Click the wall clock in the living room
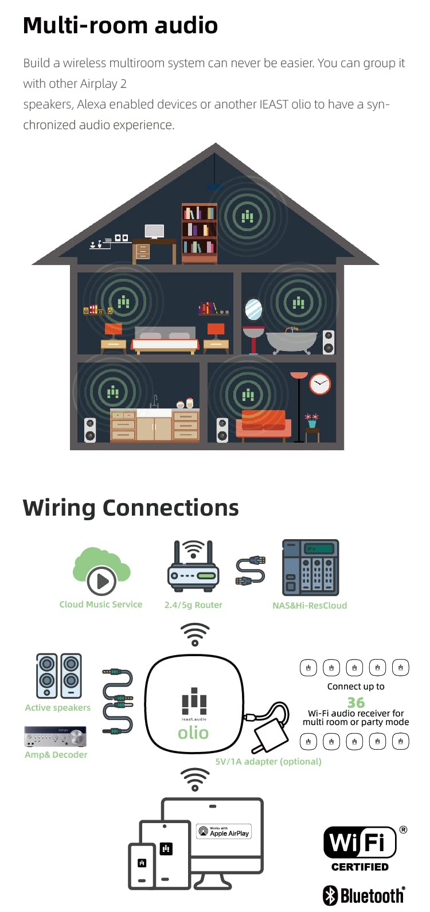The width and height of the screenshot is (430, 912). tap(320, 384)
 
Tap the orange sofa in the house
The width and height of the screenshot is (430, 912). tap(264, 426)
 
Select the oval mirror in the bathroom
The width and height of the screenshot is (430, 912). tap(253, 309)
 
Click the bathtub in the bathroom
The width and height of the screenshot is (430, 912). tap(291, 341)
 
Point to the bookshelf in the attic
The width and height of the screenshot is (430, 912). tap(200, 233)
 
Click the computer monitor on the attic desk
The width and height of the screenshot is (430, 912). tap(155, 232)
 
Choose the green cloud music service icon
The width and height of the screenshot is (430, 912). tap(101, 571)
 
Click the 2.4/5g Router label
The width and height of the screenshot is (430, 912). tap(193, 605)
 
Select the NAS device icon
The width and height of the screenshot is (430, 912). tap(311, 567)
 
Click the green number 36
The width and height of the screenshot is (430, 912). tap(356, 702)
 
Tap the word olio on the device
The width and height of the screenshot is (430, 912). tap(193, 733)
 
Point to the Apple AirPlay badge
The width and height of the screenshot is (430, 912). tap(224, 831)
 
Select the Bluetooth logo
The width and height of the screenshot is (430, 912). tap(364, 895)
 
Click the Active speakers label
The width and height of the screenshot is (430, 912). tap(58, 708)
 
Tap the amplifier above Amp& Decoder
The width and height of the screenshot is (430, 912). tap(55, 736)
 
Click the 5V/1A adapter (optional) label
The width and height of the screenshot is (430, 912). tap(268, 761)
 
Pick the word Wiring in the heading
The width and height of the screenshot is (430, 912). tap(59, 509)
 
